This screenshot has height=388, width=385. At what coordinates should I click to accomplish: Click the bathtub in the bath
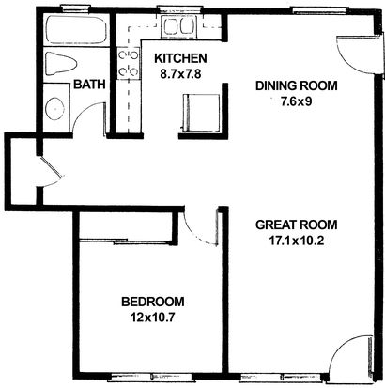pyautogui.click(x=76, y=30)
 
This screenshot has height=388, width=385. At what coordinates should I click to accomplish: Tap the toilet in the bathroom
pyautogui.click(x=61, y=64)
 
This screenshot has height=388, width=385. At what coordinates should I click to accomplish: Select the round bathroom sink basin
pyautogui.click(x=55, y=109)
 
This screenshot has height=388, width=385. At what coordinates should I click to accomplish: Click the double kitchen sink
pyautogui.click(x=177, y=25)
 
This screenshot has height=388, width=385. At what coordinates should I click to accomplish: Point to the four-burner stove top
pyautogui.click(x=129, y=63)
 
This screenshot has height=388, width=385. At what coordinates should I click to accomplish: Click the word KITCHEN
pyautogui.click(x=180, y=58)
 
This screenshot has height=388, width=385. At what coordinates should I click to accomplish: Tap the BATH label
pyautogui.click(x=89, y=85)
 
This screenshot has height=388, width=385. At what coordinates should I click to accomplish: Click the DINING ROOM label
pyautogui.click(x=297, y=85)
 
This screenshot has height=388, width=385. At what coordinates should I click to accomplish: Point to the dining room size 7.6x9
pyautogui.click(x=296, y=102)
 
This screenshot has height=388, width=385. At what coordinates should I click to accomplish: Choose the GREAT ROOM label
pyautogui.click(x=297, y=225)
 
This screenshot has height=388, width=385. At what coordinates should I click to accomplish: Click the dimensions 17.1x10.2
pyautogui.click(x=297, y=241)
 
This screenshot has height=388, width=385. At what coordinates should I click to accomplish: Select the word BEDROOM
pyautogui.click(x=153, y=302)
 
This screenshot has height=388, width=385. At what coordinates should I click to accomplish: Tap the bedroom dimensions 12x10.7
pyautogui.click(x=153, y=318)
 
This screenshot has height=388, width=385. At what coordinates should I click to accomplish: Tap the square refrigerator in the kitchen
pyautogui.click(x=201, y=112)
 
